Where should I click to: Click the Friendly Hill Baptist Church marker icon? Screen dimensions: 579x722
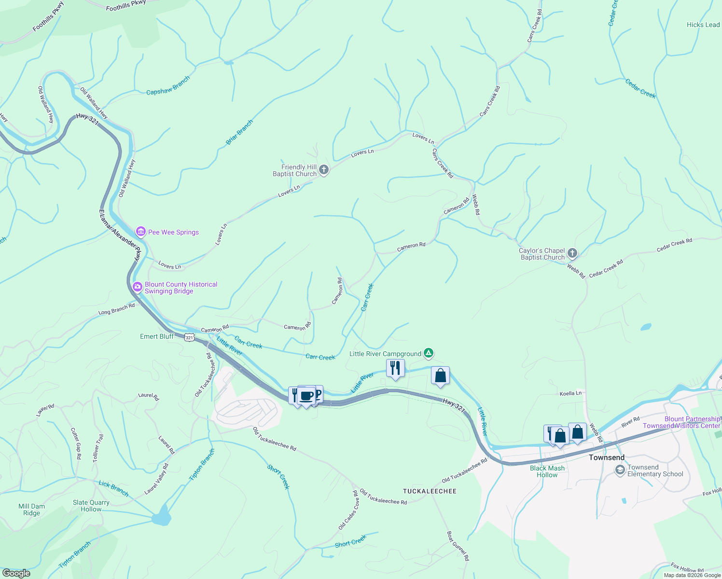click(324, 170)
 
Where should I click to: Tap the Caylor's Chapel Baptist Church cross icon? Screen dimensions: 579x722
click(572, 253)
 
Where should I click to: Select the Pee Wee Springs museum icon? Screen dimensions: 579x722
click(141, 232)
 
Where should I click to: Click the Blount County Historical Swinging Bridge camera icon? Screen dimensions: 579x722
click(138, 288)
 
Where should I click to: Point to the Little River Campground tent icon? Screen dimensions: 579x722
click(428, 354)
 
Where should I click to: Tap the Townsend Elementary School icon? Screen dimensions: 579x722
click(620, 470)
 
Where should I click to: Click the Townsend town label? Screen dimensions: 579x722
click(607, 457)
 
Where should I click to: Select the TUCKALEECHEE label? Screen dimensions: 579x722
click(430, 491)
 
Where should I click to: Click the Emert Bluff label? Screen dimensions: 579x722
click(157, 336)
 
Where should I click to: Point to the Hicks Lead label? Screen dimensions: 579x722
click(703, 25)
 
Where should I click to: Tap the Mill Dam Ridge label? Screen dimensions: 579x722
click(32, 510)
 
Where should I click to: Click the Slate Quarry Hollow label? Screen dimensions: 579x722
click(91, 506)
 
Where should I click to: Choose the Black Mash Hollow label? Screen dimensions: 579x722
click(547, 471)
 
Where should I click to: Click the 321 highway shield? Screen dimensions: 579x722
click(189, 338)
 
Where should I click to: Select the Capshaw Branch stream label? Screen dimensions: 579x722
click(168, 85)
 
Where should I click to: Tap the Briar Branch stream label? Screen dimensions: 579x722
click(239, 132)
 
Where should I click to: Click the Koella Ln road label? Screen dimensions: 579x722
click(570, 393)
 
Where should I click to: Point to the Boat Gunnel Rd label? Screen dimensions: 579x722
click(458, 546)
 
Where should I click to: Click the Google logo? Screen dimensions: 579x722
click(16, 573)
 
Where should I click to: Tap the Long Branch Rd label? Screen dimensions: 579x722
click(116, 309)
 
